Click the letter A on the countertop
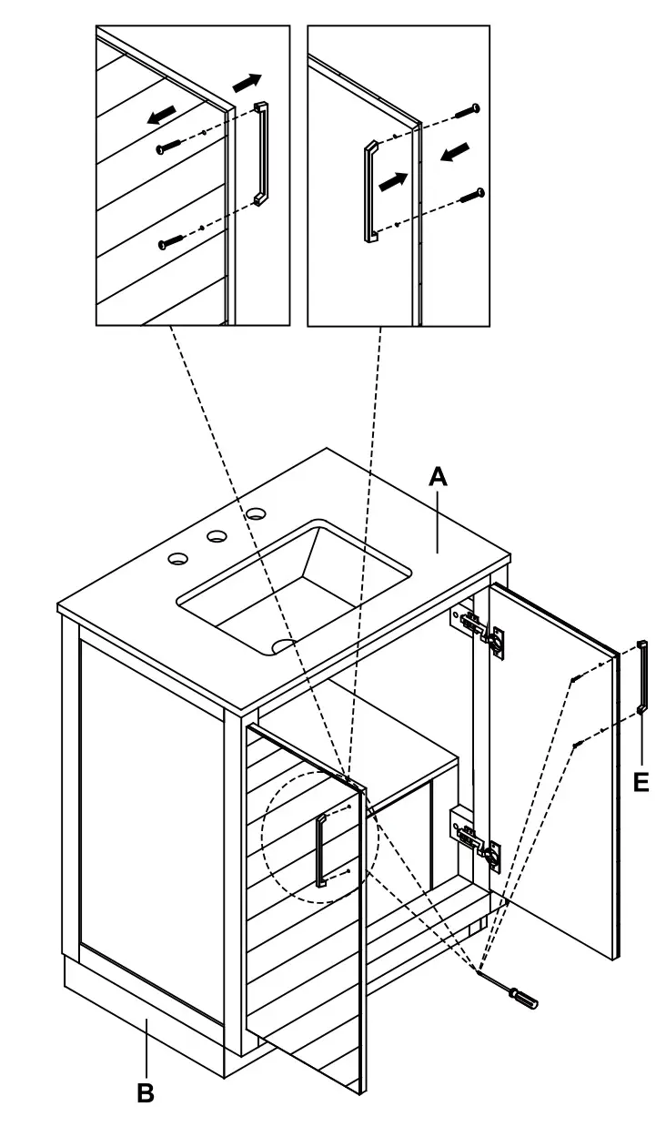(x=439, y=476)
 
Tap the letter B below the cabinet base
(x=145, y=1092)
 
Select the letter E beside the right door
(x=641, y=781)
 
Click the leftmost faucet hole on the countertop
(x=177, y=557)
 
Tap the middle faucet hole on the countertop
(x=217, y=536)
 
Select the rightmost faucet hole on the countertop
(x=256, y=516)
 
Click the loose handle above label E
(x=643, y=676)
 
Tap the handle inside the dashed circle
(x=321, y=851)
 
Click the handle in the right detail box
(x=370, y=191)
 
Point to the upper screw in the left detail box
(x=169, y=147)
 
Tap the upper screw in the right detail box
(x=468, y=111)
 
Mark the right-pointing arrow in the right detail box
(x=392, y=180)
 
